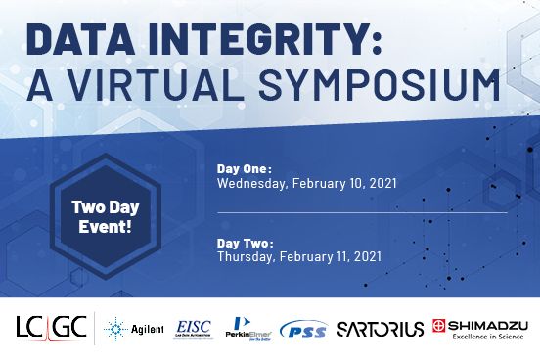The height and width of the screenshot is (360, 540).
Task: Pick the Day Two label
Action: tap(245, 243)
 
